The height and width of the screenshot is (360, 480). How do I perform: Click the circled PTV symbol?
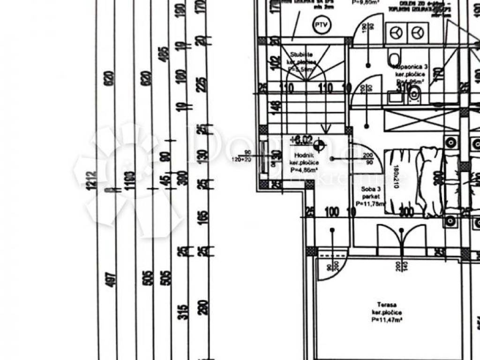point(321,25)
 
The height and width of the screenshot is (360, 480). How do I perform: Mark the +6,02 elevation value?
point(301,139)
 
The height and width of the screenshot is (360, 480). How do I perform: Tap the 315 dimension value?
point(183,312)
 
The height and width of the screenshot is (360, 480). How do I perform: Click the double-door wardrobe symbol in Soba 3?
point(401,237)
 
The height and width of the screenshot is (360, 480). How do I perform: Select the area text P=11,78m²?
point(370,203)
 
